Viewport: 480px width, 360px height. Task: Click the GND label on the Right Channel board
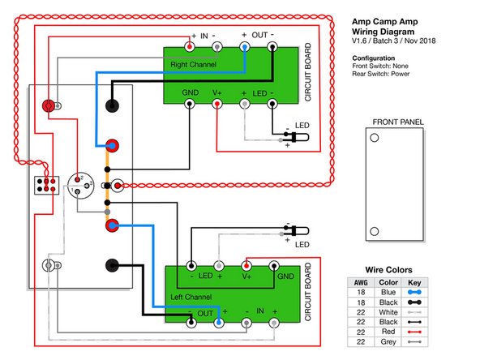click(191, 92)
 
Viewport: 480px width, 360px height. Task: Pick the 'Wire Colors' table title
click(389, 270)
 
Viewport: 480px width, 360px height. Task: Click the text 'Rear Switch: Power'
click(386, 76)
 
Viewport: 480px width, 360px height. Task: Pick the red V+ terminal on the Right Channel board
click(217, 105)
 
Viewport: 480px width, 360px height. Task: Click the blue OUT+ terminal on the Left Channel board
click(218, 323)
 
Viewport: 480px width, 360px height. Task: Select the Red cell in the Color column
click(388, 332)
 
